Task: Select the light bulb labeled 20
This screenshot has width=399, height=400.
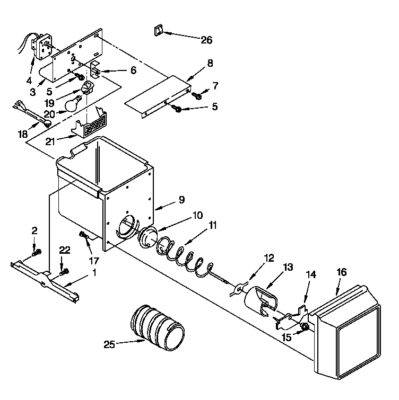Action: [72, 103]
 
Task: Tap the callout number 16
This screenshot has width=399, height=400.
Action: [342, 272]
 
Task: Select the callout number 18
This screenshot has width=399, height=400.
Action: [22, 134]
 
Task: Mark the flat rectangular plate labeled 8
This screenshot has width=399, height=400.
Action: [158, 95]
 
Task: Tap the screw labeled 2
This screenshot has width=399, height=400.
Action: [36, 253]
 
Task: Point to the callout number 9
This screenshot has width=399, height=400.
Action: [181, 200]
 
